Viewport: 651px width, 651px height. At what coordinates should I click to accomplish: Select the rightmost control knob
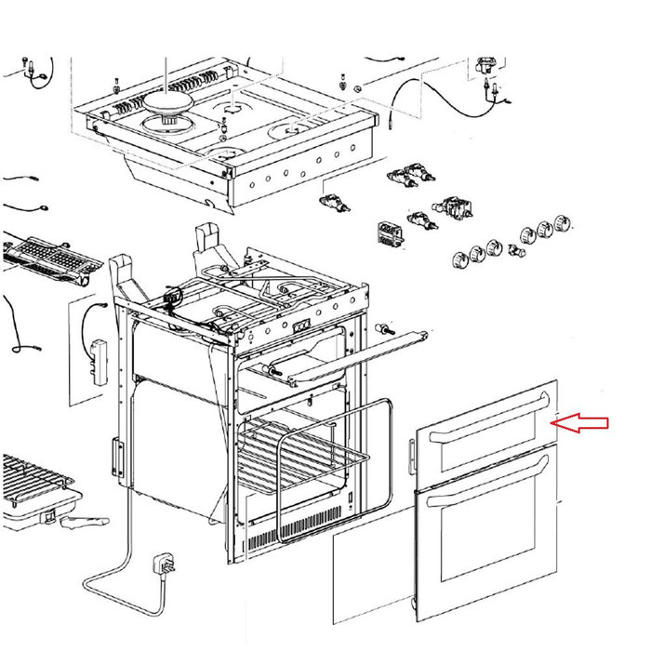pyautogui.click(x=563, y=223)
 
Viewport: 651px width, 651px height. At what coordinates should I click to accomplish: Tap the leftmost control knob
pyautogui.click(x=459, y=259)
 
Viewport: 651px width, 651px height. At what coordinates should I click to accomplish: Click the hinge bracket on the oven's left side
pyautogui.click(x=117, y=456)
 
